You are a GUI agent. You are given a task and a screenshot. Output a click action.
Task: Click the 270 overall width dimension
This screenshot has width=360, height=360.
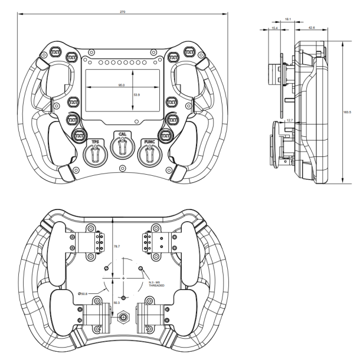(x=122, y=11)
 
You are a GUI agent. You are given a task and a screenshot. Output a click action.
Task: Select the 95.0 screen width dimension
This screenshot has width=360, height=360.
(x=122, y=85)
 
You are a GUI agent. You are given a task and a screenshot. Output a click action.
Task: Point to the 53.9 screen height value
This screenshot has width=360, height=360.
(x=137, y=94)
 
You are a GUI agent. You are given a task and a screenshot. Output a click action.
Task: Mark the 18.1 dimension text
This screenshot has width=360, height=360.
(x=287, y=19)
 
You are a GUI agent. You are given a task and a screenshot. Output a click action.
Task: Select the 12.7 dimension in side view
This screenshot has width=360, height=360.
(x=289, y=119)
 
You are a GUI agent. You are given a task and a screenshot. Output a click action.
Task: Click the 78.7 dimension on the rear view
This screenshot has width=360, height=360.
(x=116, y=246)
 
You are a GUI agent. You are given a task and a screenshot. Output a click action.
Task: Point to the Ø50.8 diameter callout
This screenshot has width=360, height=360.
(x=83, y=293)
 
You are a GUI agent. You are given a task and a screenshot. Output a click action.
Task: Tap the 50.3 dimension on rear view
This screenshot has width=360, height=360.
(x=116, y=302)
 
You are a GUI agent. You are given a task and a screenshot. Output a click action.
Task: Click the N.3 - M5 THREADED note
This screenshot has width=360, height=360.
(x=156, y=284)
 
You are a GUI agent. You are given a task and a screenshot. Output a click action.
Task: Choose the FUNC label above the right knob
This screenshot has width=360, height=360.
(x=148, y=142)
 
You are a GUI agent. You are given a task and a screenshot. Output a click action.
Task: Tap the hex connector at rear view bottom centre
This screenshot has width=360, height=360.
(x=123, y=318)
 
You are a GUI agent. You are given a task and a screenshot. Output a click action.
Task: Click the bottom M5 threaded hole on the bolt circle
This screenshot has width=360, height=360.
(x=123, y=297)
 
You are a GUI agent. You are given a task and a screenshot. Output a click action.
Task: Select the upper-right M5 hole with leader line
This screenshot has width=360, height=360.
(x=140, y=268)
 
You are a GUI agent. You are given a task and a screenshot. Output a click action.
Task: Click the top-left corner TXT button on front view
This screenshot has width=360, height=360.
(x=55, y=51)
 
